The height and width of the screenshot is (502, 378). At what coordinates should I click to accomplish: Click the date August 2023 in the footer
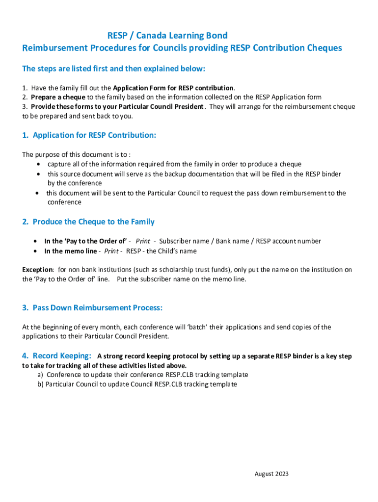tap(271, 474)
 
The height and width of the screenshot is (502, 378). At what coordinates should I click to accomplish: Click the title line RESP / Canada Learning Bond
tap(167, 35)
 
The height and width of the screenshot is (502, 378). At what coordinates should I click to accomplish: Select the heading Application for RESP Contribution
tap(94, 135)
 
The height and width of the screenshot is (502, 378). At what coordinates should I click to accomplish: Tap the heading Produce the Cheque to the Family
tap(93, 222)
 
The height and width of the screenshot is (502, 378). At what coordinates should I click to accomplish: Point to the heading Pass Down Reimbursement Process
tap(97, 308)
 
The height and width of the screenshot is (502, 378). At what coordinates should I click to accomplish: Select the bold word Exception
tap(37, 270)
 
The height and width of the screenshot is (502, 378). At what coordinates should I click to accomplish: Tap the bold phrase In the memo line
tap(71, 251)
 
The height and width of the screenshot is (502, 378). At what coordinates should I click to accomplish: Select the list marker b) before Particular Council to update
tap(41, 384)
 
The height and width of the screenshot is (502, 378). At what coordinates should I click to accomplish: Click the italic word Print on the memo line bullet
tap(111, 251)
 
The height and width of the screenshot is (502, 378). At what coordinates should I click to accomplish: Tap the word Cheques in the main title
tap(324, 48)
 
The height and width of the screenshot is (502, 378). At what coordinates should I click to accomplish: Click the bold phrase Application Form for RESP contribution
tap(173, 88)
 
